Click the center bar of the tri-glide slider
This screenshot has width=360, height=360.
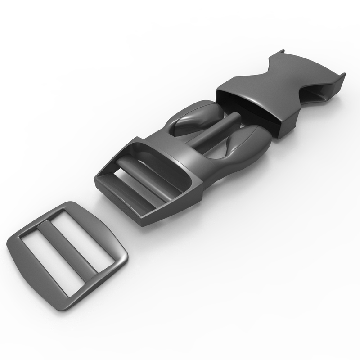click(x=67, y=250)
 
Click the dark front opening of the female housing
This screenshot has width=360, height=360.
click(x=247, y=108)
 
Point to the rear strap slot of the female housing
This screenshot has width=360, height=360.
click(x=324, y=94)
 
